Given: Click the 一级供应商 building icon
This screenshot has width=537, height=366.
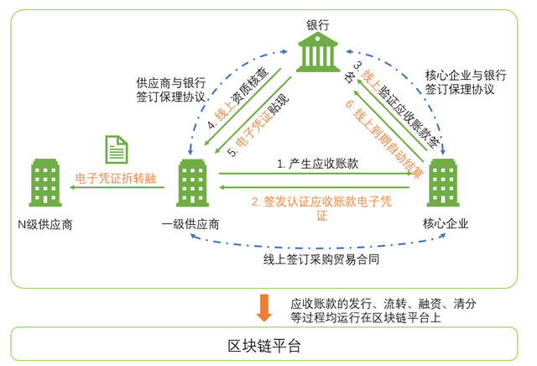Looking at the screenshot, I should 191,184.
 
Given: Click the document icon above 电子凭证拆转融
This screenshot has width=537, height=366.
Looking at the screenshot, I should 116,149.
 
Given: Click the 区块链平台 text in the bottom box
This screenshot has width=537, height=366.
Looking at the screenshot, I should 264,346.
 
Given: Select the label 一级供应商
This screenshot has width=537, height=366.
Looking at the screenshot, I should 191,224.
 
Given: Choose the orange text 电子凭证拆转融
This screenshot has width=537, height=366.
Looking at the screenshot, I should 115,177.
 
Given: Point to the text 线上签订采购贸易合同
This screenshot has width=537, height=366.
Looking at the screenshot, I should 321,259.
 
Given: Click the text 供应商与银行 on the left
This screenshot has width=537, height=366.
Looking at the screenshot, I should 171,84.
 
